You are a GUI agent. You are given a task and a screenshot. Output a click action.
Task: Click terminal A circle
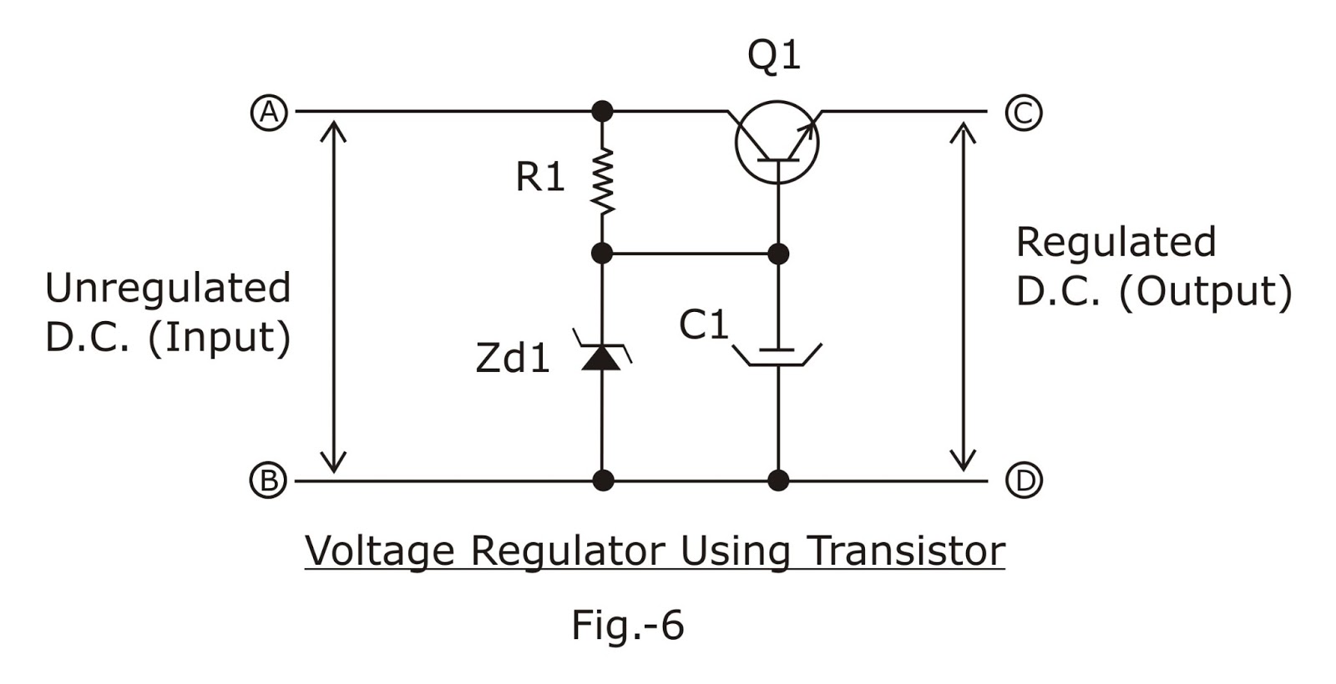[269, 112]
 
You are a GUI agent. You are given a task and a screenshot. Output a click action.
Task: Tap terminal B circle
[269, 480]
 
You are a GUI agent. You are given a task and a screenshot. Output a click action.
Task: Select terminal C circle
[1023, 112]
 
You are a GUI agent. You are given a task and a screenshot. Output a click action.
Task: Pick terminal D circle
[1023, 480]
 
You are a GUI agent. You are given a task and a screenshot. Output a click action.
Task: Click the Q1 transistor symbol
[777, 142]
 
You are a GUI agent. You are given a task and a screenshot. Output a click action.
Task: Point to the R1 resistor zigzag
[602, 181]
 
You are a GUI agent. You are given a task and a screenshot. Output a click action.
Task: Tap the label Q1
[774, 56]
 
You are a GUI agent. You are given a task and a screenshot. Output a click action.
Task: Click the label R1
[540, 177]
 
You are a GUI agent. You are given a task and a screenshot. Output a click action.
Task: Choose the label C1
[704, 324]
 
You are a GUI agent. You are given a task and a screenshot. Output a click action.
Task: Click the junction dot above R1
[602, 111]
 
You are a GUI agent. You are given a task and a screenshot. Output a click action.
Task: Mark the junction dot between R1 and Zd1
[602, 253]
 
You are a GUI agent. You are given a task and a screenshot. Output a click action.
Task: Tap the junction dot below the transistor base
[778, 253]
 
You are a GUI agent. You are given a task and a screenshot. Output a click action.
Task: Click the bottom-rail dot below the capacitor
[778, 480]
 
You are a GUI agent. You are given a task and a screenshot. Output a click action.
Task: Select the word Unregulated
[168, 289]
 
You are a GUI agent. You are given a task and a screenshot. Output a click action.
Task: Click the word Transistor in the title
[906, 551]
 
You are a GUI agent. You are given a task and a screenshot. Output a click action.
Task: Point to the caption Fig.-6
[627, 625]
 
